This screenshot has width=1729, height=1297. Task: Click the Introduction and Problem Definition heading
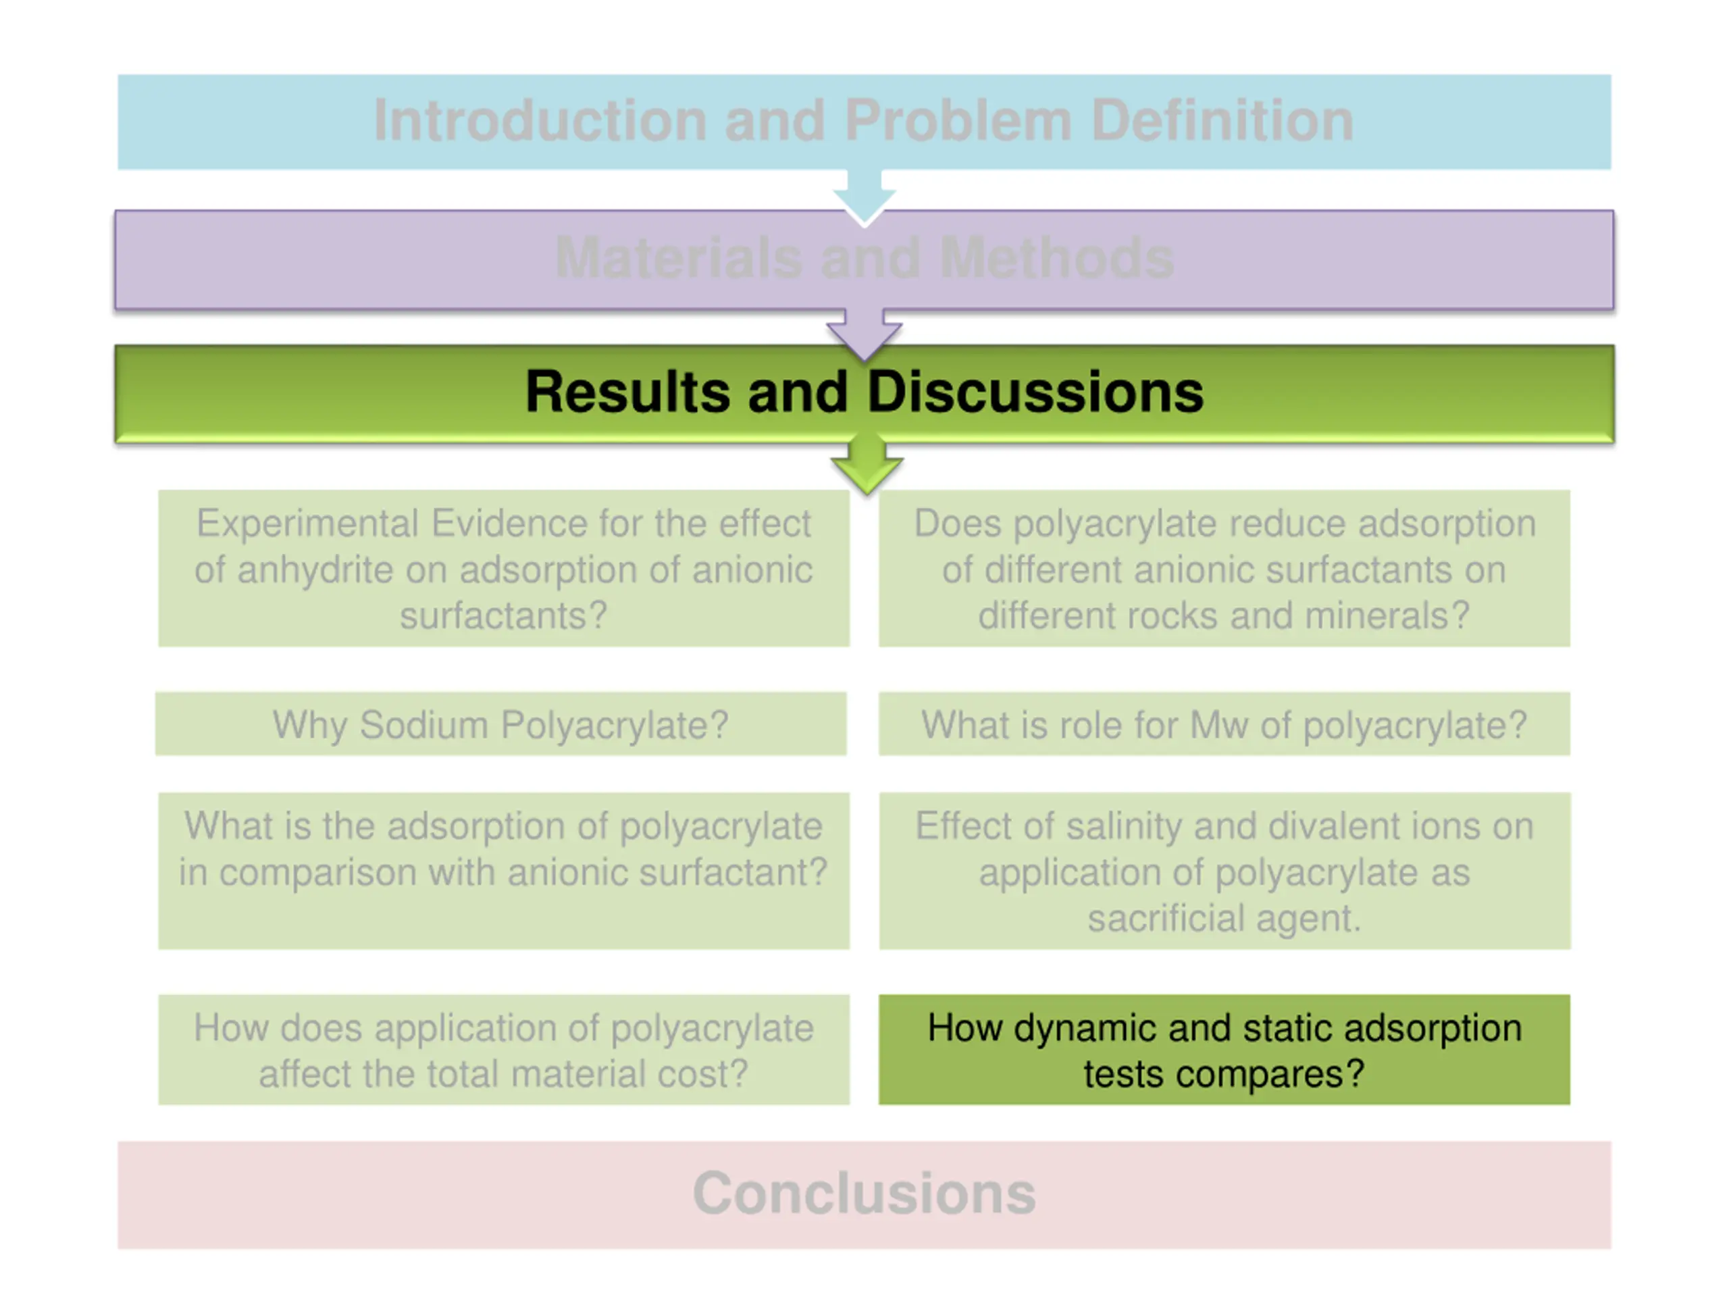coord(864,120)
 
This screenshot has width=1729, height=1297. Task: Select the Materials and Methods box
coord(864,259)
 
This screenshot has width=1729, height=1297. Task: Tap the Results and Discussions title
coord(864,391)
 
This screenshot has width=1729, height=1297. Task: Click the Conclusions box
coord(864,1194)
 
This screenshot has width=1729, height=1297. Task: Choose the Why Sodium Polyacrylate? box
coord(500,723)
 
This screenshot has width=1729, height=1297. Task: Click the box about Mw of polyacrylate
coord(1224,723)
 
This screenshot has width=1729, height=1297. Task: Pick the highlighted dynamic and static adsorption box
coord(1224,1049)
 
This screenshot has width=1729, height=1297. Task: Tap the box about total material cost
coord(503,1049)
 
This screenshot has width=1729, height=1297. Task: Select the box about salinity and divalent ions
coord(1224,871)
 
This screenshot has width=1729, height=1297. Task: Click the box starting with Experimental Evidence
coord(503,568)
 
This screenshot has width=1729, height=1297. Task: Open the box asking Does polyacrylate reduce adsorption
coord(1224,568)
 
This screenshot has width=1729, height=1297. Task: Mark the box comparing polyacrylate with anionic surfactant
coord(503,871)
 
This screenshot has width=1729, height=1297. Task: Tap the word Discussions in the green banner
coord(1035,391)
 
